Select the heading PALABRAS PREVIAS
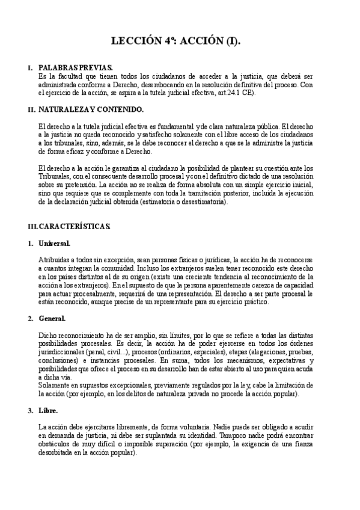tap(75, 69)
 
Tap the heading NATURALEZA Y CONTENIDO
tap(91, 109)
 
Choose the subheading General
tap(52, 318)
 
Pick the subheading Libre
tap(48, 410)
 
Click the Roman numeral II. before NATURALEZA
tap(32, 109)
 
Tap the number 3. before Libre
tap(30, 410)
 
